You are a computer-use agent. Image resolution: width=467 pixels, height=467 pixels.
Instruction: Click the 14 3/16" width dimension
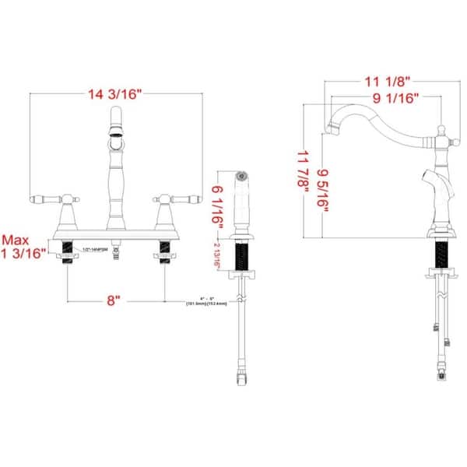[116, 95]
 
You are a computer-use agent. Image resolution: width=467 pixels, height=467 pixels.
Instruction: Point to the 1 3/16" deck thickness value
[25, 254]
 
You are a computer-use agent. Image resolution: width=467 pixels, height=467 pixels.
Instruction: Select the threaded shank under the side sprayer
[243, 255]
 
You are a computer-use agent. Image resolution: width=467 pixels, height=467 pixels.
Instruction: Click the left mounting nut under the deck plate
[66, 251]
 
